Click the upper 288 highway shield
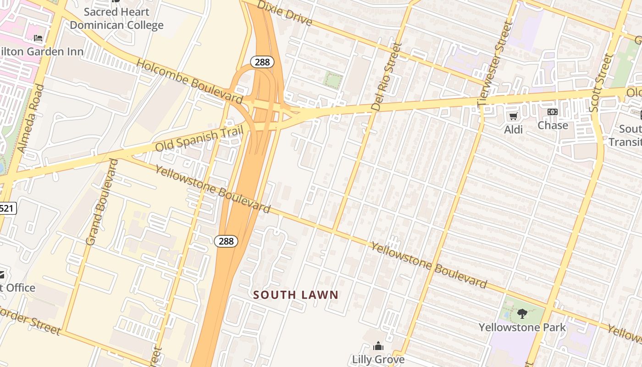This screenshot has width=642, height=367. [x=262, y=62]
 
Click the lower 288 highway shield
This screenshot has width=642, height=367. [x=226, y=241]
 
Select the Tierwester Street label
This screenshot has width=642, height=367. [x=494, y=64]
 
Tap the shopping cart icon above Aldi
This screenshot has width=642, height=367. [x=514, y=117]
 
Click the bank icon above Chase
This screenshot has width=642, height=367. [x=553, y=112]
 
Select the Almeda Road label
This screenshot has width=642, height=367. [x=31, y=118]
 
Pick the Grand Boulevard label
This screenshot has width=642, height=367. [x=102, y=202]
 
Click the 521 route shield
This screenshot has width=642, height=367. [x=7, y=209]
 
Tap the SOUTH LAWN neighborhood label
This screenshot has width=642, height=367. [x=296, y=295]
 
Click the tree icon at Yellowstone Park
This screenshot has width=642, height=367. [x=522, y=314]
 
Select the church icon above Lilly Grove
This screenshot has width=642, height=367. [x=378, y=345]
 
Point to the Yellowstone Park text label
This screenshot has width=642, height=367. [x=522, y=328]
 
